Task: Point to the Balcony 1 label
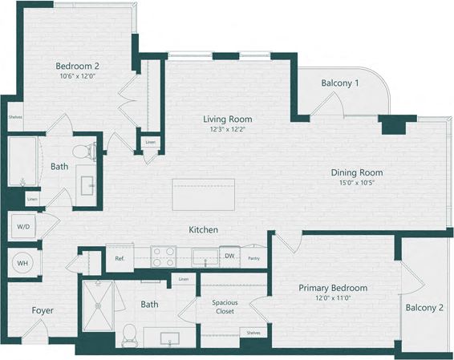(340, 83)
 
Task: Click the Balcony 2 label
(425, 307)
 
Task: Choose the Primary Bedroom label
(333, 288)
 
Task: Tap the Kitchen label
(203, 230)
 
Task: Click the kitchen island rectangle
(203, 194)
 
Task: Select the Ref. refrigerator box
(119, 258)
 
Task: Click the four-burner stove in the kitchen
(164, 257)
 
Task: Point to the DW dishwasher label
(229, 257)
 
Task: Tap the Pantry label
(253, 258)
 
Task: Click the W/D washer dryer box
(22, 227)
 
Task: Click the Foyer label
(43, 310)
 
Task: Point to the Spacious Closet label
(225, 306)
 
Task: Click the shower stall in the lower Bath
(99, 305)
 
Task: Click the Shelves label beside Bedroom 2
(16, 116)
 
